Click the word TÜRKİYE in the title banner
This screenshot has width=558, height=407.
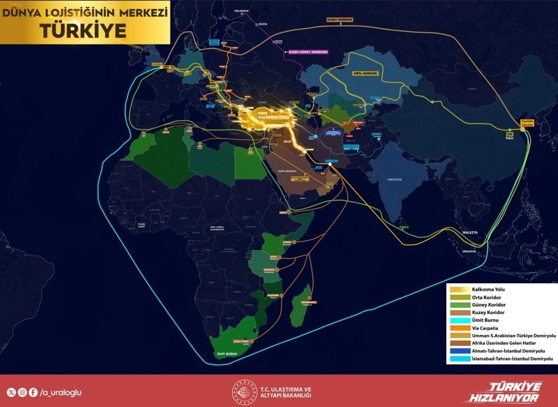[86, 30]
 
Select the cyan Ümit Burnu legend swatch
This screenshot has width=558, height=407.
[459, 320]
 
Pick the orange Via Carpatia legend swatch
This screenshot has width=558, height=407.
[459, 328]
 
